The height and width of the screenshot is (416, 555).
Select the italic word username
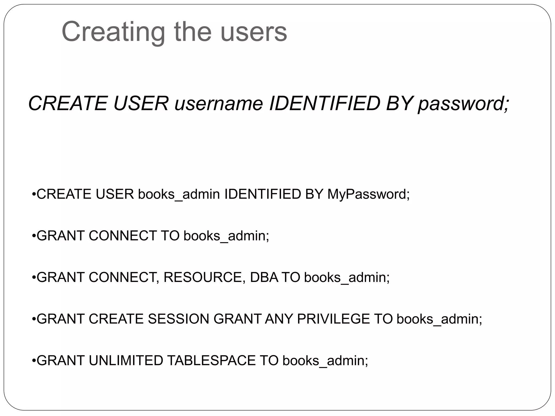(x=219, y=103)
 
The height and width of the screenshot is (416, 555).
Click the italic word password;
(x=463, y=103)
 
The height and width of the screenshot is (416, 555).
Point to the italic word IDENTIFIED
(x=325, y=103)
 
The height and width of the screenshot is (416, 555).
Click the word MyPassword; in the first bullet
(x=369, y=194)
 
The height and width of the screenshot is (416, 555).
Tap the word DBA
(x=264, y=277)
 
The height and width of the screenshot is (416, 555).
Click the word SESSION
(x=178, y=319)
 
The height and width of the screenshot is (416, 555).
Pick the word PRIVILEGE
(x=333, y=319)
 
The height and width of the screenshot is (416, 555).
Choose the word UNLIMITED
(x=126, y=360)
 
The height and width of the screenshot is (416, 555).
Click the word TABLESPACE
(x=211, y=360)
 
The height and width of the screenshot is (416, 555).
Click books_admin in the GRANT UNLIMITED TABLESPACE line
(x=325, y=360)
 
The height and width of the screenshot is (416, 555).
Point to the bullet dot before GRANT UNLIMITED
(x=34, y=361)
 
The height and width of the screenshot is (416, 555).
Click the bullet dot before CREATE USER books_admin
(x=34, y=194)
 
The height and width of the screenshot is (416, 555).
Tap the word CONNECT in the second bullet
(x=122, y=236)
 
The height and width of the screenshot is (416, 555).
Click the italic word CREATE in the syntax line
(x=68, y=103)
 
